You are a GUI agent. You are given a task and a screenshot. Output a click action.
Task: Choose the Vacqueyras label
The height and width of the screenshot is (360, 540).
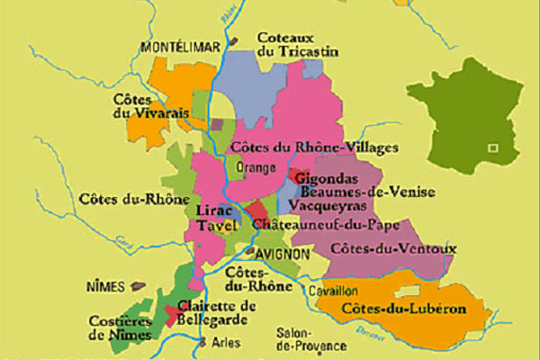point(334,206)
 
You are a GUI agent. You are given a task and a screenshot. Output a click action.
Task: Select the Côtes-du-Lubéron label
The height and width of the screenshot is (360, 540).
point(403,309)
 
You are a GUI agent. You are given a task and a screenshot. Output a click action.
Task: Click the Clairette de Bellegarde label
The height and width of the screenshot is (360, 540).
point(217,312)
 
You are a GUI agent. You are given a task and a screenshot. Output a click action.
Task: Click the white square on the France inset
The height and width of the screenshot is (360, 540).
point(491,147)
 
